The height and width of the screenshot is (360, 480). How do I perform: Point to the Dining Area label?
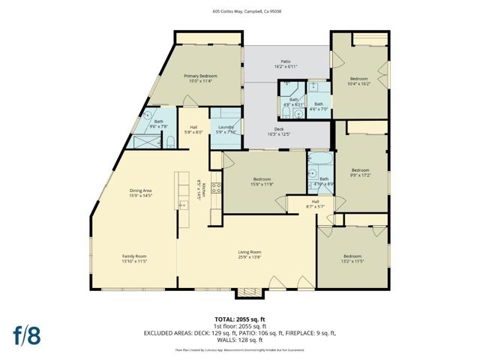(141, 193)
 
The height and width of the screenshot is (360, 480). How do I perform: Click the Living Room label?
(249, 254)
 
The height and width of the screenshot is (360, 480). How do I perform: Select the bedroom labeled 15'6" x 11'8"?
(262, 181)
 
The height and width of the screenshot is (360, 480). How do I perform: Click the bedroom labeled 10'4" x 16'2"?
(358, 82)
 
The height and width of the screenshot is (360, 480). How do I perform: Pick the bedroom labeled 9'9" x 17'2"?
(361, 172)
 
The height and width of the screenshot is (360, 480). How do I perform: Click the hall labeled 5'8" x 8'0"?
(193, 130)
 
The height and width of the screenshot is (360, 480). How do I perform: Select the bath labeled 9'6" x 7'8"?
(158, 124)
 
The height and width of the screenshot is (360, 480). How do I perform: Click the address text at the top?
(240, 11)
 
